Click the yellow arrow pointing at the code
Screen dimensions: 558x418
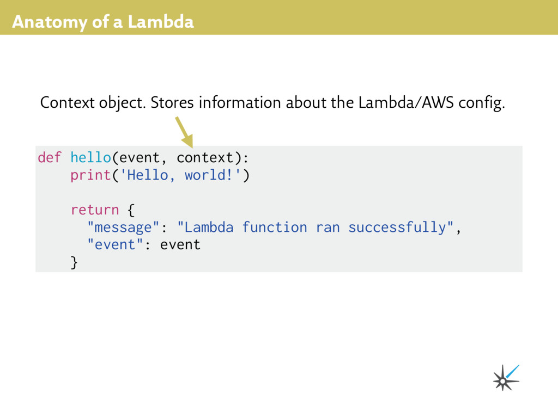pyautogui.click(x=184, y=132)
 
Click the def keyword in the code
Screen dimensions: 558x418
pyautogui.click(x=50, y=158)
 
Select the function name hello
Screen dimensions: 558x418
pyautogui.click(x=90, y=158)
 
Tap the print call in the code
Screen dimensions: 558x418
pyautogui.click(x=90, y=175)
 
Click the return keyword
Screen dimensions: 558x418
pyautogui.click(x=94, y=210)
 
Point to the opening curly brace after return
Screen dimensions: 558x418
pyautogui.click(x=131, y=210)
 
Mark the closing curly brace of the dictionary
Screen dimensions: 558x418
pyautogui.click(x=74, y=262)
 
